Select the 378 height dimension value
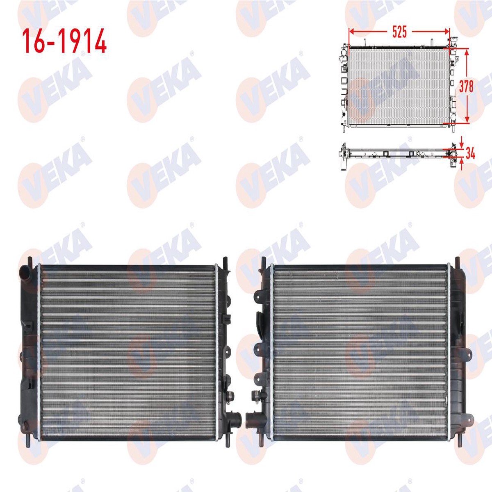pos(466,86)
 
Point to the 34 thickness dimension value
pos(470,155)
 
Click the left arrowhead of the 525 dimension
pos(351,32)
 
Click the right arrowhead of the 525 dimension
pos(446,32)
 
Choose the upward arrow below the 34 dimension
pos(461,164)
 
